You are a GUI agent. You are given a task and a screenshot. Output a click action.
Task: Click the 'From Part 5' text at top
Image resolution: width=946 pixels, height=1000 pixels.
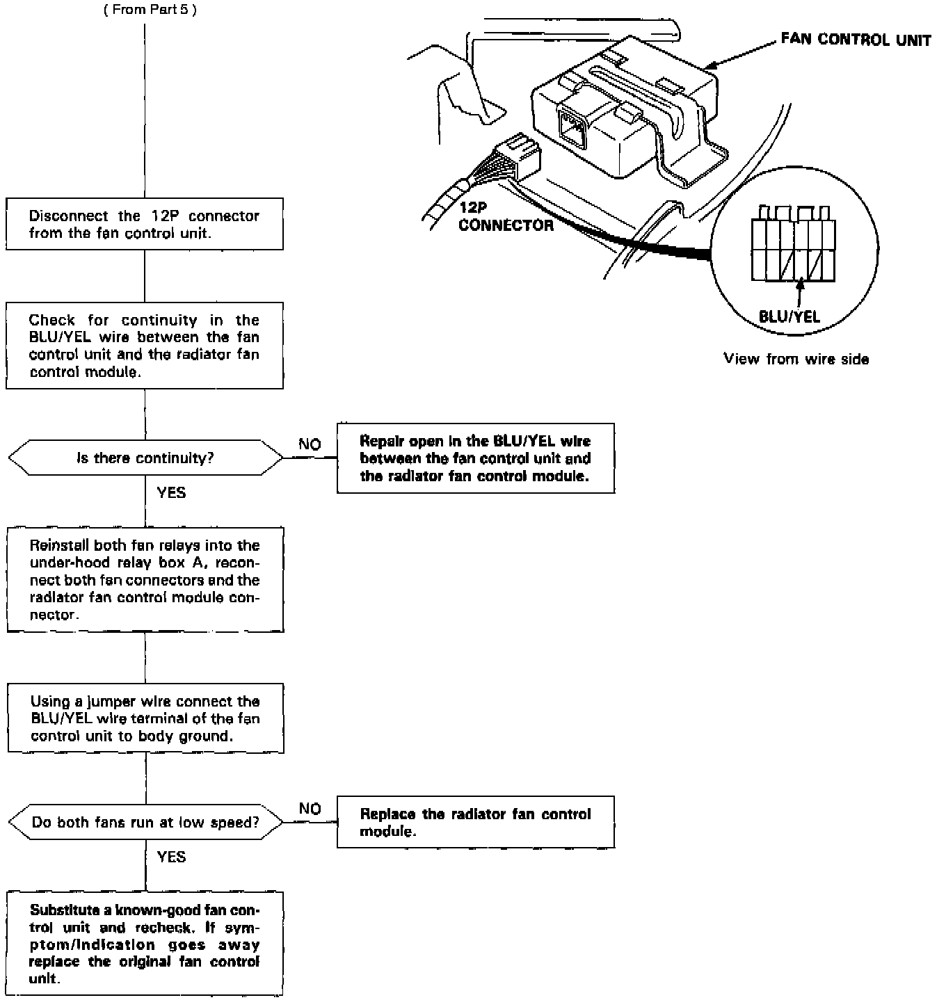pos(150,11)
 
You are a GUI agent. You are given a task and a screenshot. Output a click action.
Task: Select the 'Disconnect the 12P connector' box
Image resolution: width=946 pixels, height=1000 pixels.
pos(145,224)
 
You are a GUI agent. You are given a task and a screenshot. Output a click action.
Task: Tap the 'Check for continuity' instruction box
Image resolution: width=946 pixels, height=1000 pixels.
pos(145,346)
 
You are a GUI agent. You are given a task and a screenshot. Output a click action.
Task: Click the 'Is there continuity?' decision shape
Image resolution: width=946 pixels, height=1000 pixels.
pos(145,458)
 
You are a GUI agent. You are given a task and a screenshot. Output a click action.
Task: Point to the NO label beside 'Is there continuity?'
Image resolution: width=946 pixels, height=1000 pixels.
pos(310,444)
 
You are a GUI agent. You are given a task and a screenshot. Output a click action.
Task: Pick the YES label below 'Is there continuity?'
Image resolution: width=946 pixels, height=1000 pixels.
pos(171,493)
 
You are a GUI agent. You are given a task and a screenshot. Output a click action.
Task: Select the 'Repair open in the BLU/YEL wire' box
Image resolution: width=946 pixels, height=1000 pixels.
pos(476,458)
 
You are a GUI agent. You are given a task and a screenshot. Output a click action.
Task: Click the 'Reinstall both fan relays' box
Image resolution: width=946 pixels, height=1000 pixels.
pos(145,580)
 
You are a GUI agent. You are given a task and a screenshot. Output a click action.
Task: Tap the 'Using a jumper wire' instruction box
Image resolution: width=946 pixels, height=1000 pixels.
pos(145,718)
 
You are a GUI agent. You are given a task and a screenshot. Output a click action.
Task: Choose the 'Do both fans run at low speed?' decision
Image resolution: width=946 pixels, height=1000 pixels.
pos(145,823)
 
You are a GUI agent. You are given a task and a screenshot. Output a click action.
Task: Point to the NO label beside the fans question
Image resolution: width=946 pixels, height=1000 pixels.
pos(310,809)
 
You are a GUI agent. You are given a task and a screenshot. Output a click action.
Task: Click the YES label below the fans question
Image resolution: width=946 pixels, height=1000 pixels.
pos(171,857)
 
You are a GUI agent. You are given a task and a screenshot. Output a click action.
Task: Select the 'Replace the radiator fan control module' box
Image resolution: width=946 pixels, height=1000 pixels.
pos(476,823)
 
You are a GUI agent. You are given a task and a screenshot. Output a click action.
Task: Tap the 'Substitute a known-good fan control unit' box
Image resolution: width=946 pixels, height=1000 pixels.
pos(145,944)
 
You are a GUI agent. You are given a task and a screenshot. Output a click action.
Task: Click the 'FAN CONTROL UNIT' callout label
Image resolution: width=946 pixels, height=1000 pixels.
pos(855,40)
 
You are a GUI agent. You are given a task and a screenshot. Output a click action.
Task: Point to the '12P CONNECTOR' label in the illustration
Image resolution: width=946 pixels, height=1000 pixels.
pos(506,216)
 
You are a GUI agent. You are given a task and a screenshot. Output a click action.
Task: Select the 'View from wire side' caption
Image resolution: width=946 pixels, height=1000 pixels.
pos(796,359)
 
